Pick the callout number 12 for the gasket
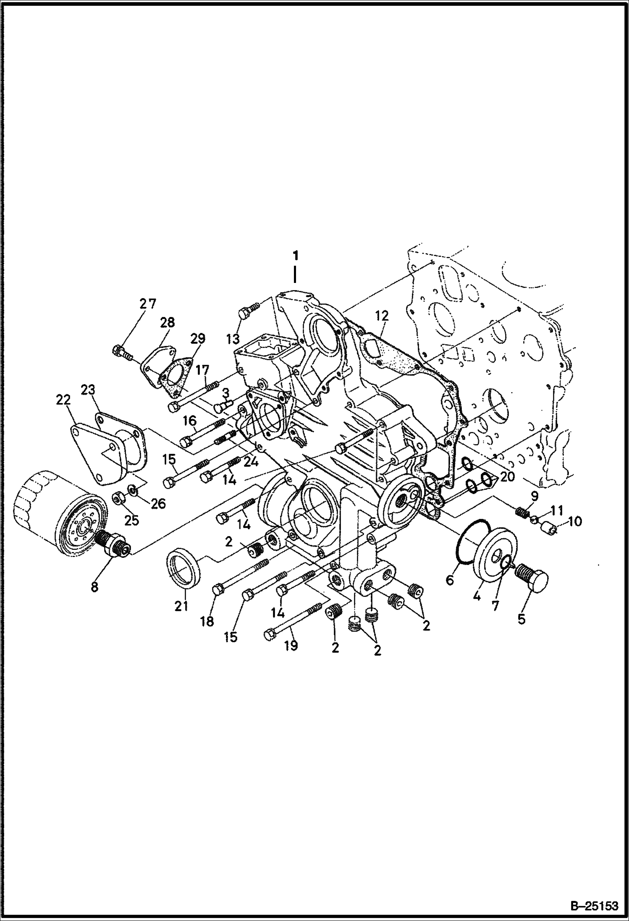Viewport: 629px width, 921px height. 382,315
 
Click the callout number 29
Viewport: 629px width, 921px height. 197,338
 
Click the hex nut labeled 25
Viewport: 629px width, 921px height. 118,498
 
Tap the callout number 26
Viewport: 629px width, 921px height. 158,503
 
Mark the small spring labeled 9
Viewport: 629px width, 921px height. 521,513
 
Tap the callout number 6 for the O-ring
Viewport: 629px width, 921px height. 449,580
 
